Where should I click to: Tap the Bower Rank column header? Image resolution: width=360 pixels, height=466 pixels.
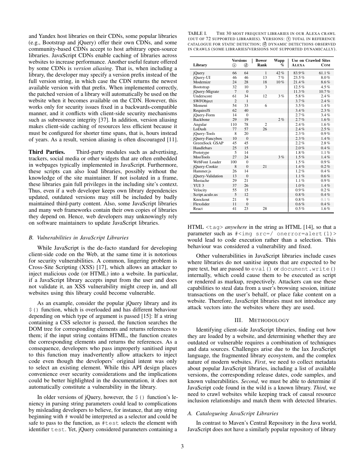tap(261, 63)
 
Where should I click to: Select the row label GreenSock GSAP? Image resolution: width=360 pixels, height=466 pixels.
tap(208, 143)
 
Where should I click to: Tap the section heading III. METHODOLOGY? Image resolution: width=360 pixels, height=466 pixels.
tap(262, 320)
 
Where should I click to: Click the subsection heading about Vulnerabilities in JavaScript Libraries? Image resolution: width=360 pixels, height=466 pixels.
tap(78, 238)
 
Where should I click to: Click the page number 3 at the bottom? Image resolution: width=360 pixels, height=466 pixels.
tap(182, 447)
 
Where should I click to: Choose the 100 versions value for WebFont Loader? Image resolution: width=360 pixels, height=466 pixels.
tap(234, 162)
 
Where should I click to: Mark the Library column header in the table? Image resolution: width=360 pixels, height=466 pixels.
tap(200, 65)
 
